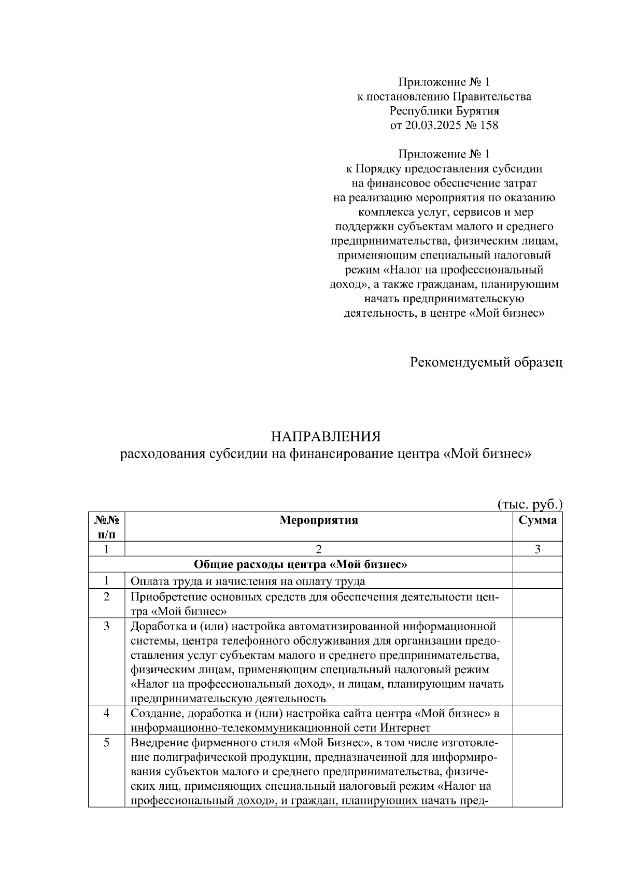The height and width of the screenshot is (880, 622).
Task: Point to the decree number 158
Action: click(x=489, y=125)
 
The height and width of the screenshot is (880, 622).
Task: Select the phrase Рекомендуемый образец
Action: click(x=486, y=362)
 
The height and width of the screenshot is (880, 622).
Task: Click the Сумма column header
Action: click(x=538, y=521)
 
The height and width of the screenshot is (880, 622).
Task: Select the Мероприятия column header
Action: click(x=318, y=521)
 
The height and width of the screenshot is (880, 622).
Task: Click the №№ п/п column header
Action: click(x=106, y=527)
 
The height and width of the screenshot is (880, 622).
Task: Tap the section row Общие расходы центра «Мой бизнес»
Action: click(x=300, y=565)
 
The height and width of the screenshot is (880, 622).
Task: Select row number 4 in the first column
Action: click(x=106, y=714)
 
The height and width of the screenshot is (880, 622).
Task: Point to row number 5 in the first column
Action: click(x=106, y=743)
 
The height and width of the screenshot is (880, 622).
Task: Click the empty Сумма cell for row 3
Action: click(x=538, y=661)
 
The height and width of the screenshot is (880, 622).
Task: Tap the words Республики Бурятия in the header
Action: click(x=444, y=111)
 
